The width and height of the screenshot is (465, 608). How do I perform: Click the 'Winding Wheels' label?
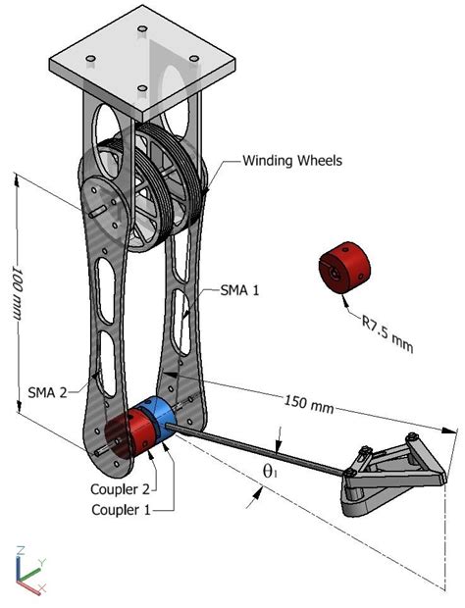click(x=291, y=161)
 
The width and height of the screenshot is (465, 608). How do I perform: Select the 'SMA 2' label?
click(x=46, y=391)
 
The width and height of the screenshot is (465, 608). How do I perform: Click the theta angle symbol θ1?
click(x=269, y=471)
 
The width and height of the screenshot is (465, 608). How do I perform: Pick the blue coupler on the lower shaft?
click(x=158, y=422)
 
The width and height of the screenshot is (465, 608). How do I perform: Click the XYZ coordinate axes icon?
click(x=27, y=568)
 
